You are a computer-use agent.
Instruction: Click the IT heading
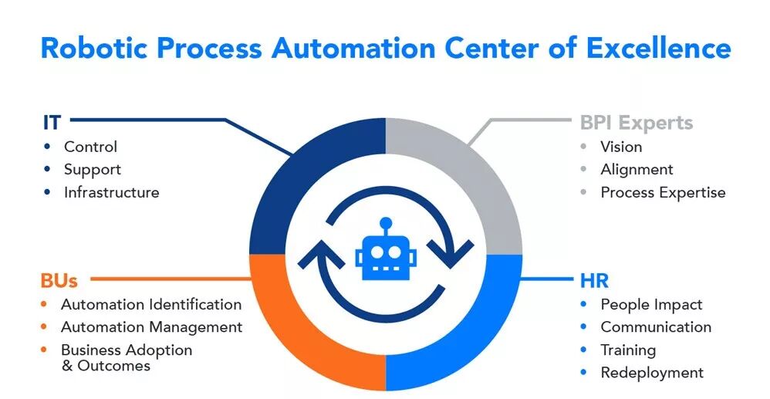click(x=52, y=122)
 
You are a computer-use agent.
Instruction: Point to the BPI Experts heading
click(x=636, y=123)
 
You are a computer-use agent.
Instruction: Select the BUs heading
click(x=59, y=280)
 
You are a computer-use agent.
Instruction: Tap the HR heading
click(x=594, y=280)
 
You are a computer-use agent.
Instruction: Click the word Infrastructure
click(x=111, y=192)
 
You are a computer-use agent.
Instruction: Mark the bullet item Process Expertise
click(x=663, y=192)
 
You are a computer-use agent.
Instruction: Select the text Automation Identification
click(x=151, y=304)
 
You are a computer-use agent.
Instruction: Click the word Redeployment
click(x=652, y=373)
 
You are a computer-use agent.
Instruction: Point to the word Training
click(x=628, y=350)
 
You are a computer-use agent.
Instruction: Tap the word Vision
click(x=621, y=147)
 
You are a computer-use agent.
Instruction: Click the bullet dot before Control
click(x=48, y=146)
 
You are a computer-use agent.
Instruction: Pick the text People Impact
click(x=651, y=304)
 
